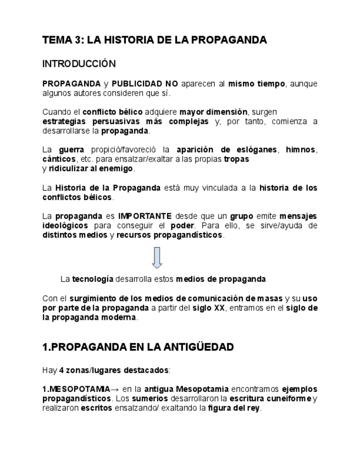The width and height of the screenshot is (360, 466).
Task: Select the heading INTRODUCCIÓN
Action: click(x=79, y=64)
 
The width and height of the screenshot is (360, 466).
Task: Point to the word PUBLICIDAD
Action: click(x=137, y=84)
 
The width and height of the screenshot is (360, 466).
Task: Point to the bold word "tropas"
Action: click(x=236, y=159)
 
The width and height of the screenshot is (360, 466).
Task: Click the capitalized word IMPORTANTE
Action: click(x=145, y=216)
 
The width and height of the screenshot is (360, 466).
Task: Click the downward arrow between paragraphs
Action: click(x=157, y=257)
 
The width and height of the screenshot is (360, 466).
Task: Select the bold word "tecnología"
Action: click(x=93, y=279)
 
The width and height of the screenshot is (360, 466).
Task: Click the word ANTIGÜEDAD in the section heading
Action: click(x=194, y=347)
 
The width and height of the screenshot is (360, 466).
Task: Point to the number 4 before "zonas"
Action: click(x=61, y=369)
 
